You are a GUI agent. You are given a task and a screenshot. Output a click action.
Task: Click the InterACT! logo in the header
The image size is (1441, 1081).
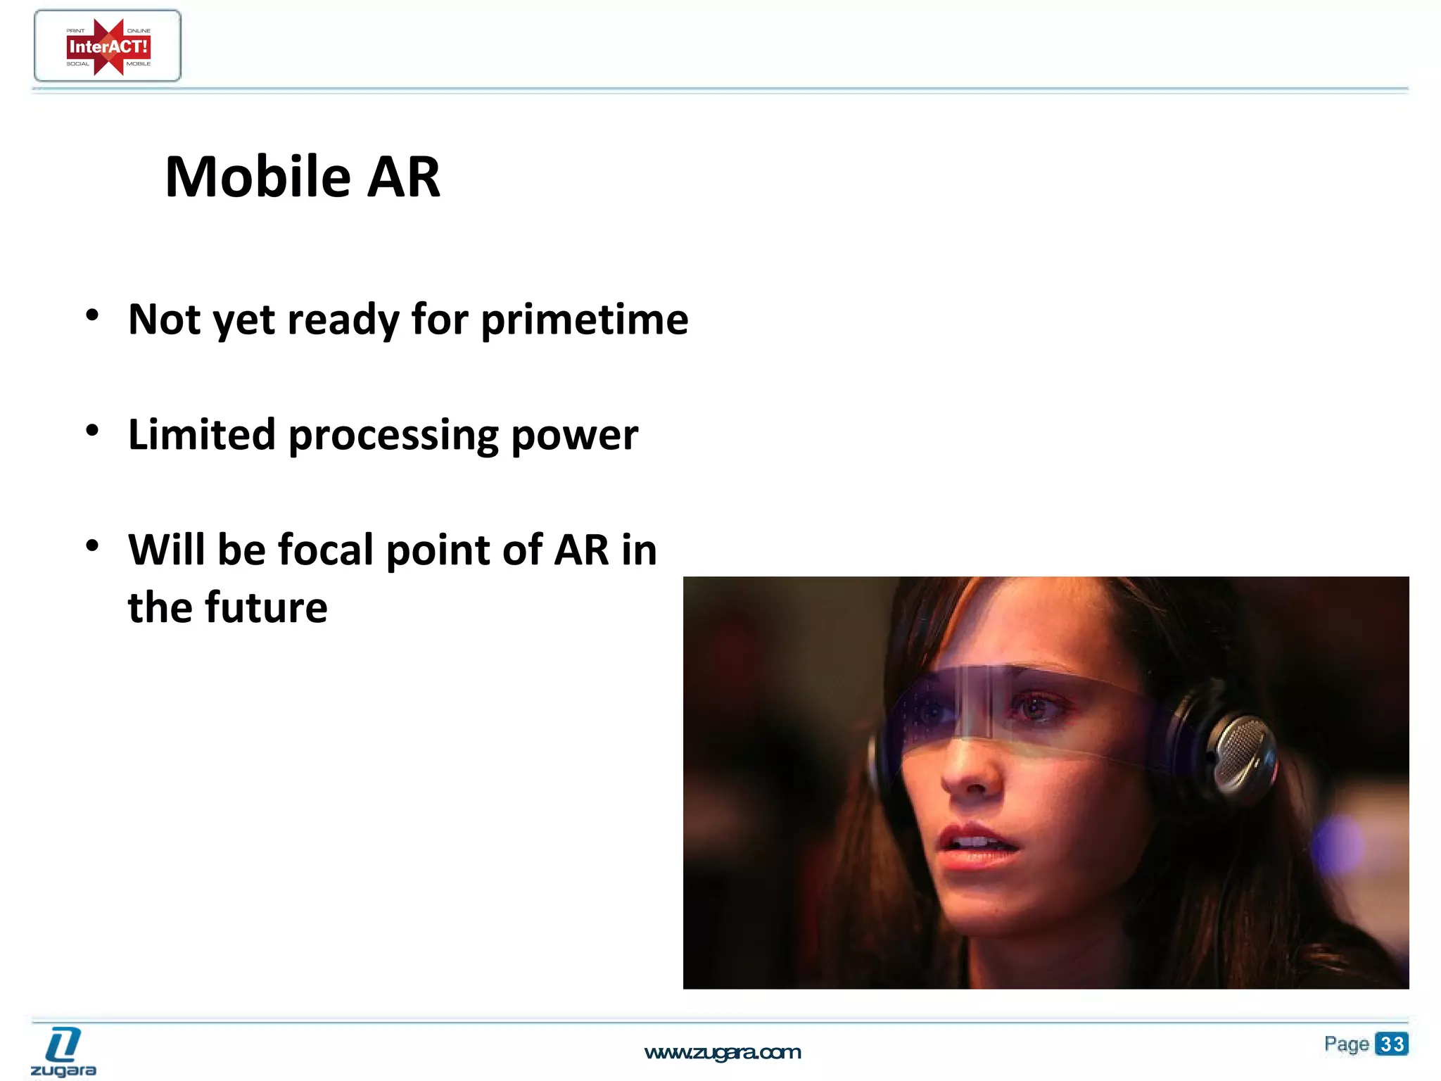coord(108,46)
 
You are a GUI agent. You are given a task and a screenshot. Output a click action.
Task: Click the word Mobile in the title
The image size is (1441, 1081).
coord(258,177)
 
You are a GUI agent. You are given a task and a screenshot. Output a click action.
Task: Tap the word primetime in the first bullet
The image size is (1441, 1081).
coord(584,320)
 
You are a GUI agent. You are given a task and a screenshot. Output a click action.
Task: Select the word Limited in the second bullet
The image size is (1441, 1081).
coord(201,435)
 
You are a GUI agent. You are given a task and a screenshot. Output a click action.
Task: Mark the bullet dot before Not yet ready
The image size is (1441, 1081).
coord(92,315)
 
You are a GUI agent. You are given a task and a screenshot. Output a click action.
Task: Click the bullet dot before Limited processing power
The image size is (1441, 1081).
coord(92,430)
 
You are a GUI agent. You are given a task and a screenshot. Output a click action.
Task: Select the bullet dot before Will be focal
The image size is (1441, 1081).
coord(92,545)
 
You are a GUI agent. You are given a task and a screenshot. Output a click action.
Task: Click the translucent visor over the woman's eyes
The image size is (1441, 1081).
coord(1013,707)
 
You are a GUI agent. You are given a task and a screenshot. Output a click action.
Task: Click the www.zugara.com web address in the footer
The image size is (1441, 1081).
coord(723,1053)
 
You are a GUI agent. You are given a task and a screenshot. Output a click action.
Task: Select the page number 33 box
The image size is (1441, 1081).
coord(1391,1044)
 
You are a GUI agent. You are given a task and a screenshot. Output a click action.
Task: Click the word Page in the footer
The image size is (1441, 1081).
coord(1346,1044)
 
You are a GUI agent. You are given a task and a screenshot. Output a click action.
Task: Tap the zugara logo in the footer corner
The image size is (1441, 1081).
coord(63,1052)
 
